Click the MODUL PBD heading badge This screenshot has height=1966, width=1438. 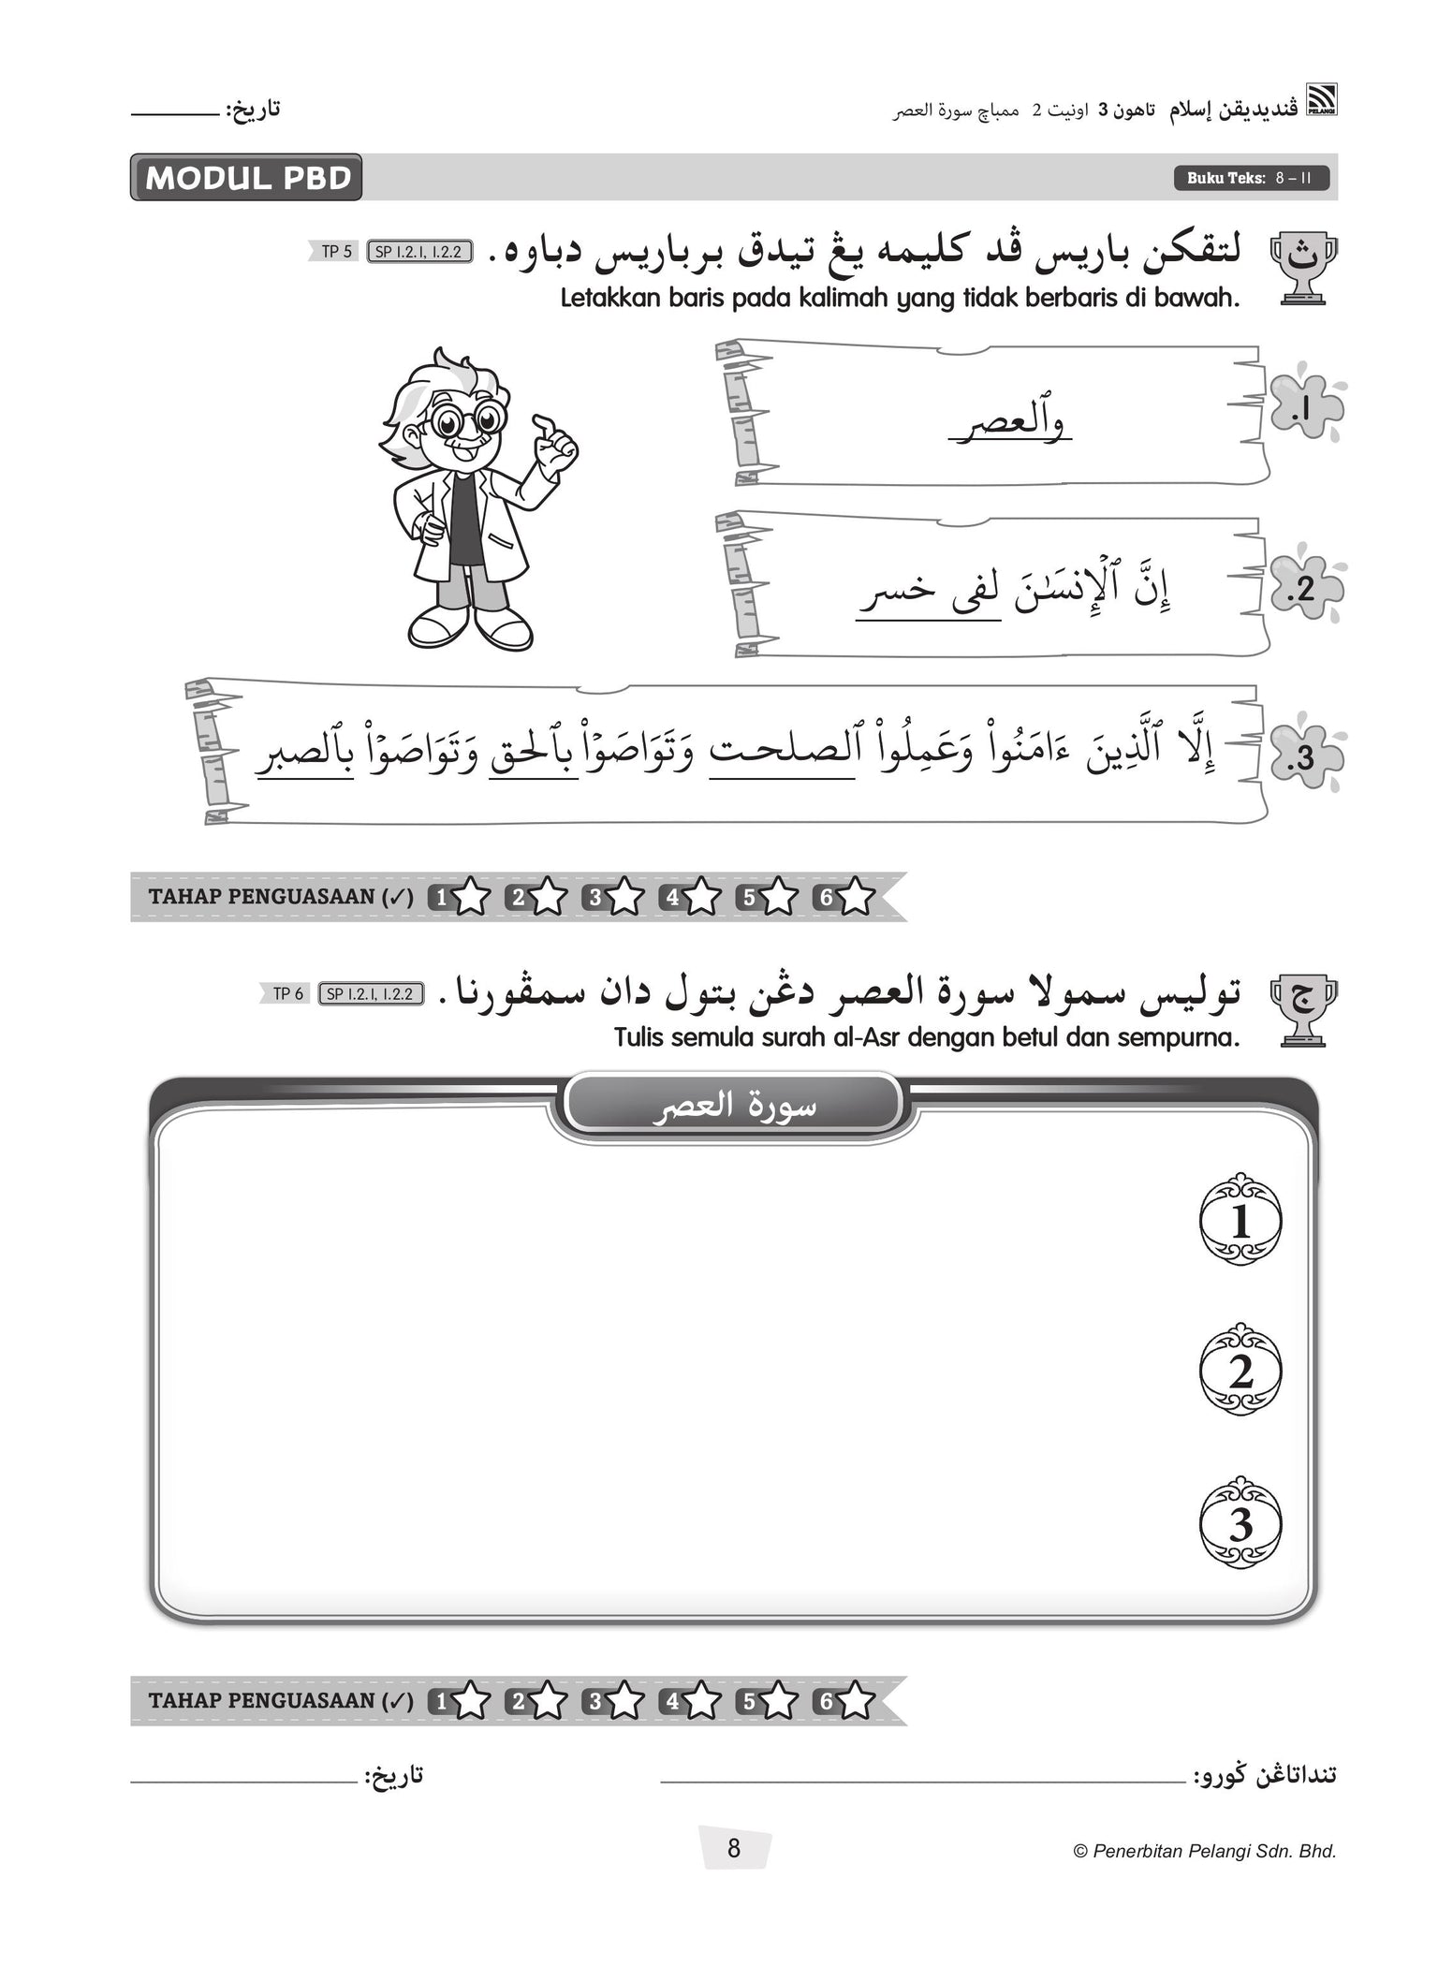pyautogui.click(x=246, y=178)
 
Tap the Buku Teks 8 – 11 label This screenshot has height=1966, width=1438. pyautogui.click(x=1251, y=178)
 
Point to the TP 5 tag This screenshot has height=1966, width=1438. pyautogui.click(x=336, y=251)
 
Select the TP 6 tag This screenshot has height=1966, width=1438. pyautogui.click(x=287, y=993)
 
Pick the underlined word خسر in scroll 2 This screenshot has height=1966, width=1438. pyautogui.click(x=883, y=592)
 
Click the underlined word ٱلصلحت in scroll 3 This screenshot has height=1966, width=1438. pyautogui.click(x=783, y=755)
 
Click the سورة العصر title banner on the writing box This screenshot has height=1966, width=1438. pyautogui.click(x=733, y=1106)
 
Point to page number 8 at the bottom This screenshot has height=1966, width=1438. pyautogui.click(x=734, y=1848)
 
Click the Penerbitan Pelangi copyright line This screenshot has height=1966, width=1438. pyautogui.click(x=1204, y=1851)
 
